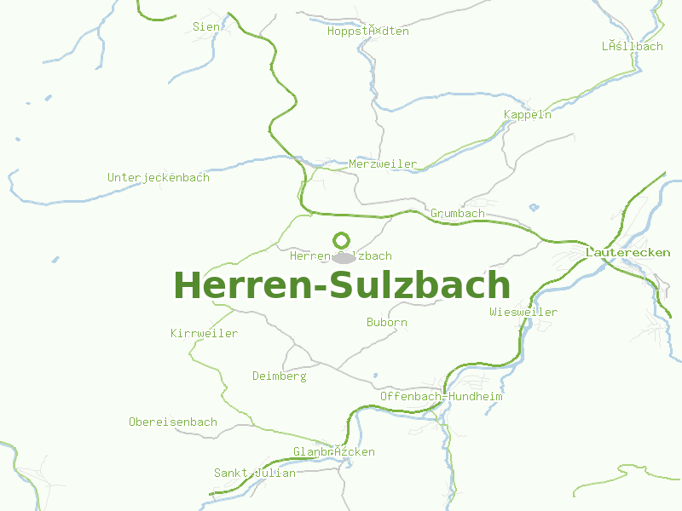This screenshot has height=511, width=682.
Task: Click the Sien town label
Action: [x=206, y=26]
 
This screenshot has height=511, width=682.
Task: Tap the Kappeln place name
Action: [x=528, y=115]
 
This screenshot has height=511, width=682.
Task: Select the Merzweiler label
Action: [x=383, y=164]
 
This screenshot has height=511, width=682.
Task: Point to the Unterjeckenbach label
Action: [x=159, y=178]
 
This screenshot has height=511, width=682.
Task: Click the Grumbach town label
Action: [x=458, y=214]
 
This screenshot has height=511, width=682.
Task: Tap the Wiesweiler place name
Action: [x=523, y=313]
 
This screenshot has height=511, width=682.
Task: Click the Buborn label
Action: [x=387, y=323]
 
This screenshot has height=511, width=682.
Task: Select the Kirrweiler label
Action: [x=204, y=334]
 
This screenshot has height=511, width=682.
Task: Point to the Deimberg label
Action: [x=279, y=376]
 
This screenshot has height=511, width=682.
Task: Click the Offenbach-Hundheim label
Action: [x=442, y=397]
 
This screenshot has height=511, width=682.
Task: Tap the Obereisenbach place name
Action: [x=173, y=422]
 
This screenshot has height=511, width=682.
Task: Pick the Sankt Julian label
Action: [x=255, y=474]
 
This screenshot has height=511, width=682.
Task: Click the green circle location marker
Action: [x=342, y=240]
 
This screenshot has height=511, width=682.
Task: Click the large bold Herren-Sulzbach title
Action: [x=342, y=285]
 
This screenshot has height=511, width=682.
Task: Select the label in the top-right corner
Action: [x=632, y=47]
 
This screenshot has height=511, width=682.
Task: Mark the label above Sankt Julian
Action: [x=334, y=452]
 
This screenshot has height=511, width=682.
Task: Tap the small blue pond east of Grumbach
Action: [x=534, y=207]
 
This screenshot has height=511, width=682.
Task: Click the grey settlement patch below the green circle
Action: [x=344, y=256]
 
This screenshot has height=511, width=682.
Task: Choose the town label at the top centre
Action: [x=368, y=32]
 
